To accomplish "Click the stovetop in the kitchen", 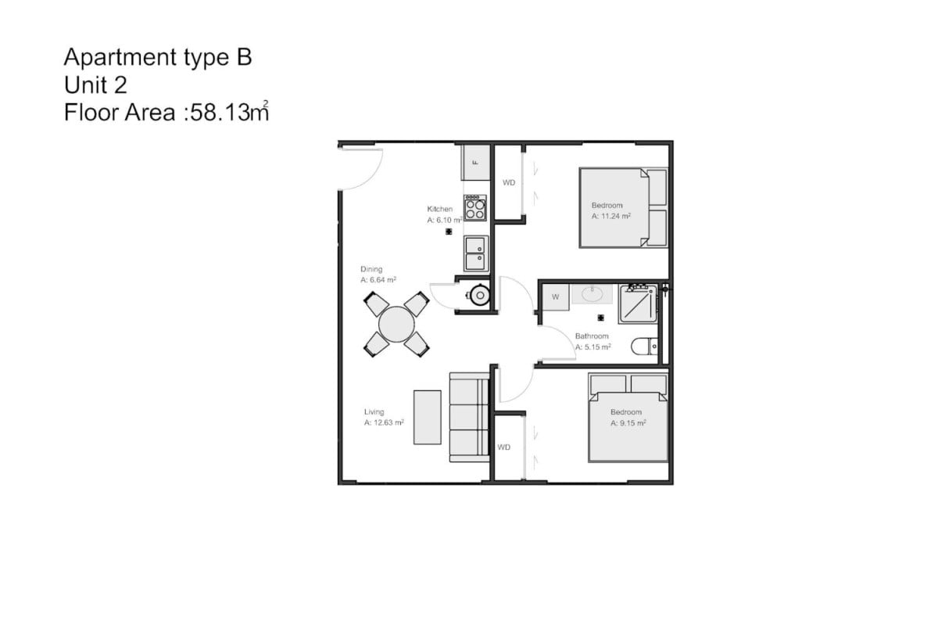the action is (475, 207).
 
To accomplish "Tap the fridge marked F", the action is (476, 163).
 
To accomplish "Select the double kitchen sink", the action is (476, 253).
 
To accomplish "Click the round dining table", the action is (396, 324).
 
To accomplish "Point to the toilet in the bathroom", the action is (644, 347).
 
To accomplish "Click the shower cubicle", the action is (638, 304).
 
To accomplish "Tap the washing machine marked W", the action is (556, 297).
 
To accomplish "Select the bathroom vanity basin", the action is (593, 294).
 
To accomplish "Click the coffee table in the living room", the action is (427, 417).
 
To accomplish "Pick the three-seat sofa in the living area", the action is (470, 417).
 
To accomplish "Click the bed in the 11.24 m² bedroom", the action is (623, 207).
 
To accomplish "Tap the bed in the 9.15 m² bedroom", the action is (628, 418).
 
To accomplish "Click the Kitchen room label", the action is (439, 209).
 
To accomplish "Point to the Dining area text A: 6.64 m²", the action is (378, 280).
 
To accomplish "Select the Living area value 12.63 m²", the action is (388, 422).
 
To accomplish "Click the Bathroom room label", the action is (592, 336).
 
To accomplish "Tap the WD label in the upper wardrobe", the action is (509, 183).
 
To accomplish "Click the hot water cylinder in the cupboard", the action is (479, 296).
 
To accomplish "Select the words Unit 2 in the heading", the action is (95, 85).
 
